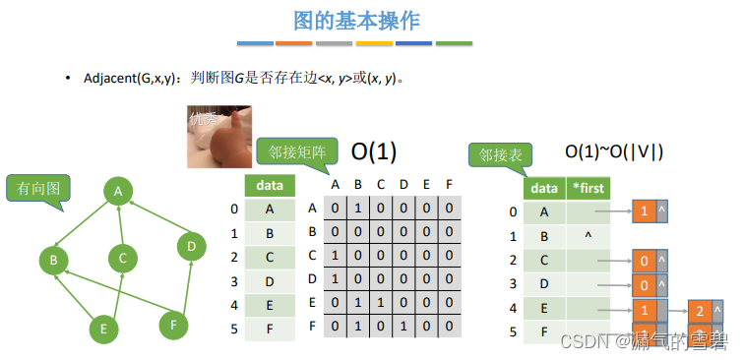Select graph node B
point(52,261)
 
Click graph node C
point(123,259)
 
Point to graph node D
point(190,245)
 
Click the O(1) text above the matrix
point(374,150)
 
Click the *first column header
point(588,188)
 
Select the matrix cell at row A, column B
point(357,208)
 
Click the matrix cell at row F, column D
point(404,326)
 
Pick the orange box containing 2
point(700,312)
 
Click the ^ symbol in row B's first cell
point(588,237)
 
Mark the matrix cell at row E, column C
point(381,302)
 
